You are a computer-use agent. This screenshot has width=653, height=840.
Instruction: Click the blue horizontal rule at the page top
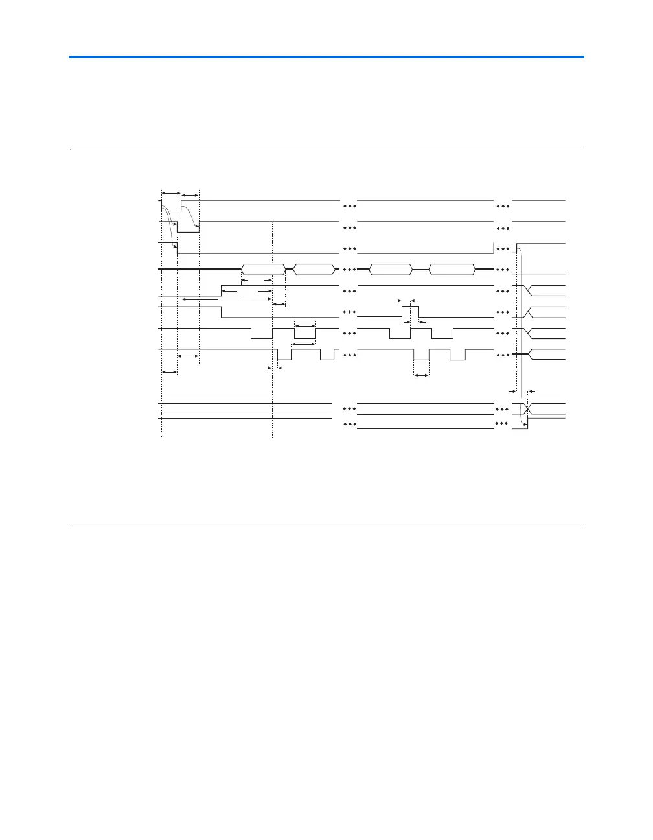[x=326, y=57]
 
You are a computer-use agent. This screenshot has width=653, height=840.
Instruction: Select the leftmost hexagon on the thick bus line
[x=264, y=270]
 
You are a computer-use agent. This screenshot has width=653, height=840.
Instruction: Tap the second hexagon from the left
[x=314, y=270]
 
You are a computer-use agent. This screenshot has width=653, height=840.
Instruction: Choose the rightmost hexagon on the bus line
[x=452, y=270]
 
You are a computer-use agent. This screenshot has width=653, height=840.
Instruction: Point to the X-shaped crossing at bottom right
[x=529, y=410]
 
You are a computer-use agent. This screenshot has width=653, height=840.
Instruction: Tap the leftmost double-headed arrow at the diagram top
[x=170, y=192]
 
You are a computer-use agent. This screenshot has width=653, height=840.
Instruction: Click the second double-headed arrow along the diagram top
[x=190, y=194]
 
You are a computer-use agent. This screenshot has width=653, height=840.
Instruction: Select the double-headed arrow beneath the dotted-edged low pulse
[x=422, y=375]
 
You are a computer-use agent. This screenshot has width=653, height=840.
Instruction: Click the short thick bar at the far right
[x=521, y=354]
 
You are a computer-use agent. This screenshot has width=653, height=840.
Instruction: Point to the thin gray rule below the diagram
[x=326, y=526]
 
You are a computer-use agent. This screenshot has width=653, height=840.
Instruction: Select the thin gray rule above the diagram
[x=326, y=150]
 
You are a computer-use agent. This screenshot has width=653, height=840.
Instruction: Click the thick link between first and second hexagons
[x=290, y=270]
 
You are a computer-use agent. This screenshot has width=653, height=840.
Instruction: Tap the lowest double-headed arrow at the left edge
[x=169, y=372]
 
